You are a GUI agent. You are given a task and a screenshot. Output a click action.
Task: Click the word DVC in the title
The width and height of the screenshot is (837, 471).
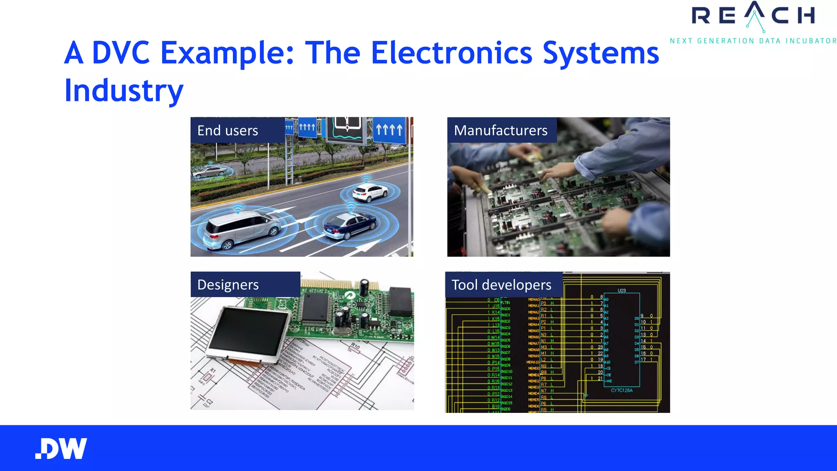(x=121, y=53)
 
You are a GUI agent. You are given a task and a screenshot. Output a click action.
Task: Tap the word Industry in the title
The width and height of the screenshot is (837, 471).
(x=124, y=90)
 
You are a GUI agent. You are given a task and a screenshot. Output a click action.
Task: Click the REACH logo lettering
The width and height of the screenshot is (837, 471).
(x=753, y=16)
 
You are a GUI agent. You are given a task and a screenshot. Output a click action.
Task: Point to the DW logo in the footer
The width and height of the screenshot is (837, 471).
(x=61, y=449)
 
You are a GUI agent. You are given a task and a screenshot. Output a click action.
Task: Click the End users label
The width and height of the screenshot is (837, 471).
(x=228, y=130)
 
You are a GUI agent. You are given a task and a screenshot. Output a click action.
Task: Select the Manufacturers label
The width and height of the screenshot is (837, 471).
(x=501, y=130)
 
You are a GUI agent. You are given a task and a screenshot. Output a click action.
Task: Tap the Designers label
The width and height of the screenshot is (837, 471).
(x=228, y=285)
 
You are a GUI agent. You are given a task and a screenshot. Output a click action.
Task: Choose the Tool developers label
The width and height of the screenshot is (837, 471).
(x=501, y=285)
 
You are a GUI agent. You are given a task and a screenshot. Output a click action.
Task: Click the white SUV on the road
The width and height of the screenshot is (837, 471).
(x=370, y=193)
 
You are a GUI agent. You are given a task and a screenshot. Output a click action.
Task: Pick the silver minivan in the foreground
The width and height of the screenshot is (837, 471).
(x=241, y=230)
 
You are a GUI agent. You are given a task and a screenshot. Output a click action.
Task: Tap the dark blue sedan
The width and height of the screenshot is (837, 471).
(x=350, y=226)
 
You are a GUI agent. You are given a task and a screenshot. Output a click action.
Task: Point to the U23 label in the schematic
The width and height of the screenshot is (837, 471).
(x=622, y=291)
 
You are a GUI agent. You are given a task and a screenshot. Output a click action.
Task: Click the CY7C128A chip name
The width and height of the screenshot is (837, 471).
(x=622, y=390)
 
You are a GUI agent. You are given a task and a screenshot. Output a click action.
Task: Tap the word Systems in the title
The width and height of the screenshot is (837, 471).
(x=601, y=53)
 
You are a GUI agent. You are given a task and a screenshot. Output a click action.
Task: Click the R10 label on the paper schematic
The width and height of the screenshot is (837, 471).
(x=355, y=347)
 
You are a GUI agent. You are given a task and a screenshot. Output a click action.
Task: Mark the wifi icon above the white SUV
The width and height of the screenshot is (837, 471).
(x=366, y=179)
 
